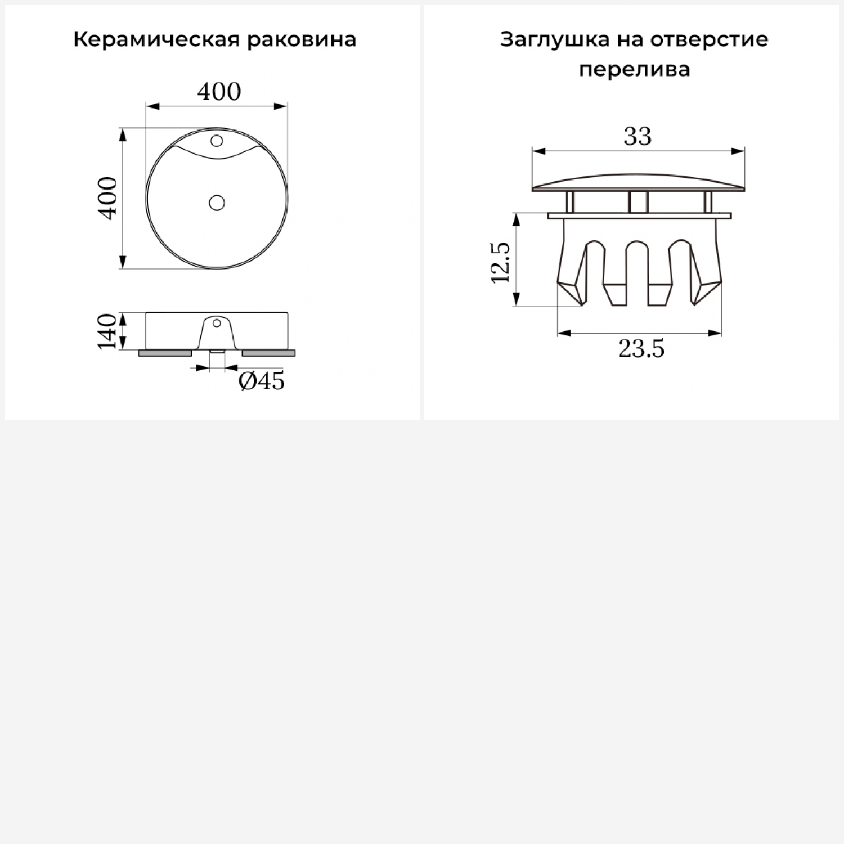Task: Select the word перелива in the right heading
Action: pos(634,70)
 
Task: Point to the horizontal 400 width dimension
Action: pos(219,91)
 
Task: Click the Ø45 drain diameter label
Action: pos(262,381)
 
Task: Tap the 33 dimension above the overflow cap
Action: pos(638,136)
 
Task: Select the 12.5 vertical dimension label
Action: pos(500,262)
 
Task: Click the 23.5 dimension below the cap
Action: pos(641,349)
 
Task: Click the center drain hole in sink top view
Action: pos(217,203)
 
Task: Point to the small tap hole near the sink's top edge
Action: pos(217,141)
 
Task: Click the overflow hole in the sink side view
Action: pos(217,324)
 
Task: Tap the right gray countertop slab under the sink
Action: pos(268,353)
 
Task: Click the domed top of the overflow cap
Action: pos(638,182)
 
